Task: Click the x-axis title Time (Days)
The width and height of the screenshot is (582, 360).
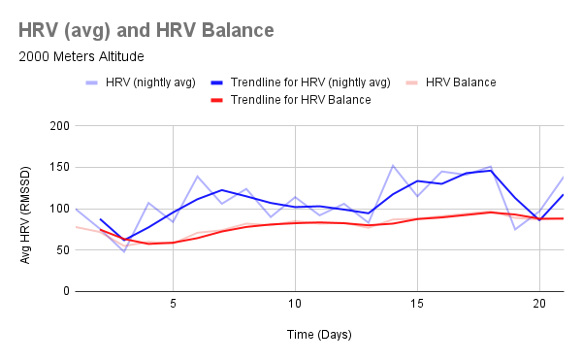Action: pos(319,334)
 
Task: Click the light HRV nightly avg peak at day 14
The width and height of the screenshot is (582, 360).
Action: pos(392,166)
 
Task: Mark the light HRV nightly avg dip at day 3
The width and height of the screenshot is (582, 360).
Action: pos(124,251)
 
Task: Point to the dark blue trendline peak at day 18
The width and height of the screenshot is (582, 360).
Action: pos(490,171)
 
